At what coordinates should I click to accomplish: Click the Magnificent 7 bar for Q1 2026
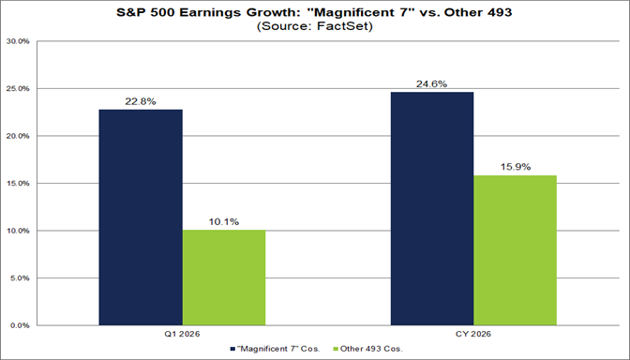tap(141, 217)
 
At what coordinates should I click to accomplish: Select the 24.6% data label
tap(432, 83)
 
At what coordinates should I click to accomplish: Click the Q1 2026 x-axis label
tap(183, 335)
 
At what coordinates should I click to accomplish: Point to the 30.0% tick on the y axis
tap(19, 41)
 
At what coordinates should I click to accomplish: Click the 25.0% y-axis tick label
tap(19, 89)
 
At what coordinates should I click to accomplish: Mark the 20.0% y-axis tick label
tap(19, 136)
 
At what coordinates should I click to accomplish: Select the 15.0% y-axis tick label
tap(19, 184)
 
